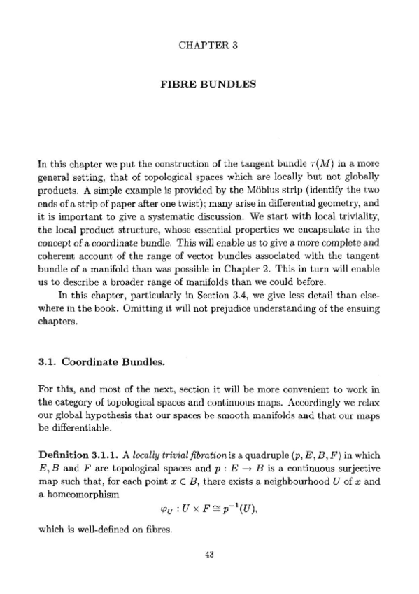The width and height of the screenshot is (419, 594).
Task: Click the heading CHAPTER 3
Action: (209, 46)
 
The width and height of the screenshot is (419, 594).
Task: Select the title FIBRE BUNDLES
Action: (209, 85)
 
